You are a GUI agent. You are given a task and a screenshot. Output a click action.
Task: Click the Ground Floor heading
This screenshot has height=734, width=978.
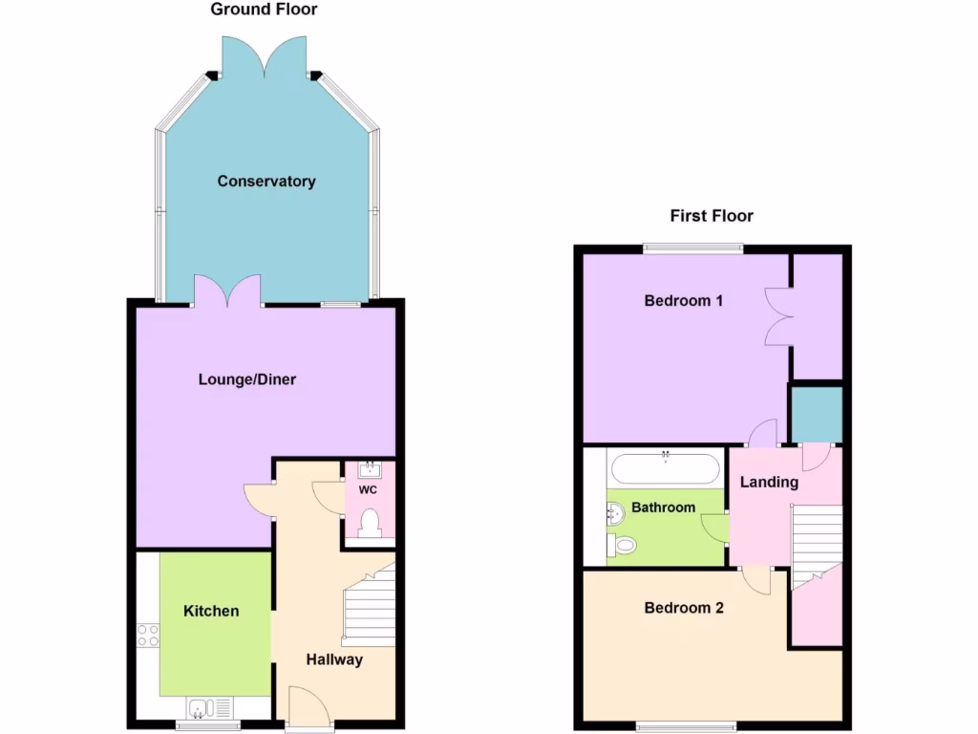[x=264, y=10]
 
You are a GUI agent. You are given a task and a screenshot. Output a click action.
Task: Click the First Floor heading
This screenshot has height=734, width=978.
[x=712, y=216]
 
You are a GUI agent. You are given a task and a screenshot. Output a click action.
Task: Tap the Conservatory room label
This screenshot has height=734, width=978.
[x=266, y=182]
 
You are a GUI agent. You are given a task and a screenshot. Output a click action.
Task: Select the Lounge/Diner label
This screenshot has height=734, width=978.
[x=247, y=379]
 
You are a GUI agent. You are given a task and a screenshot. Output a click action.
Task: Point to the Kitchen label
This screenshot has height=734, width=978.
[x=211, y=611]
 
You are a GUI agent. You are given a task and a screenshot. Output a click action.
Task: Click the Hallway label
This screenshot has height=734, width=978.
[x=334, y=659]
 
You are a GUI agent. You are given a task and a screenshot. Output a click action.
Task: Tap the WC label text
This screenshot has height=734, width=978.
[x=368, y=490]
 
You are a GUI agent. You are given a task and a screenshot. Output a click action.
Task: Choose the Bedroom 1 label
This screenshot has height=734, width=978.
[x=683, y=301]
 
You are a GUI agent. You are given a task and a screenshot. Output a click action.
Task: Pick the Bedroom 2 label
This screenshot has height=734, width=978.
[x=684, y=608]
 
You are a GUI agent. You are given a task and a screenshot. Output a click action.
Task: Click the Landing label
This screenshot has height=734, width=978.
[x=770, y=483]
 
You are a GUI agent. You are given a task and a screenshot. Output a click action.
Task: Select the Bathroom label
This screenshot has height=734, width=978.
[x=663, y=507]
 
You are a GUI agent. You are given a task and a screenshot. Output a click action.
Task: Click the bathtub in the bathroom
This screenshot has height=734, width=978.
[x=665, y=468]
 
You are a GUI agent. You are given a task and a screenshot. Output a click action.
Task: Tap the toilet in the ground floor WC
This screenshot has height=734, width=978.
[x=370, y=523]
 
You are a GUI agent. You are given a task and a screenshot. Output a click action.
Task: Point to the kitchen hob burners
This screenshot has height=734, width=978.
[x=148, y=635]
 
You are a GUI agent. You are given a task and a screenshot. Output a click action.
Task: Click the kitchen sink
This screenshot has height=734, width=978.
[x=202, y=708]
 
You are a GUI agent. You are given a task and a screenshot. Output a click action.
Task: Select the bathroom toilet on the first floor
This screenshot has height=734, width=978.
[x=622, y=546]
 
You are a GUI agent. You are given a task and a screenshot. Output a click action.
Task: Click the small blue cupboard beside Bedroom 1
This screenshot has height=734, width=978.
[x=815, y=414]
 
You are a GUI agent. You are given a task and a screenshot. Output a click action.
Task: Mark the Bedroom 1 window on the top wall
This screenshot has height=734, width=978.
[x=692, y=248]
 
